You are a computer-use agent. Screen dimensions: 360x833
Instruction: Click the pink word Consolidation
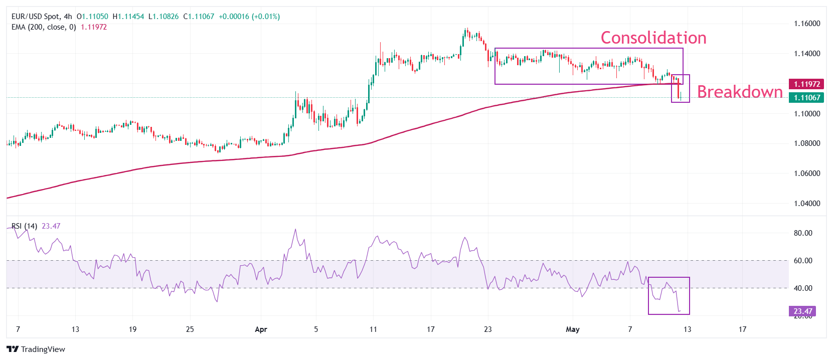coord(653,38)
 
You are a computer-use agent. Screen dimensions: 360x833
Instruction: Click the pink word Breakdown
coord(740,92)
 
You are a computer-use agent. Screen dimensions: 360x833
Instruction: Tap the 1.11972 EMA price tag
coord(806,84)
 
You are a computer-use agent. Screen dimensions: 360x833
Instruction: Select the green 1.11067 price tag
coord(806,98)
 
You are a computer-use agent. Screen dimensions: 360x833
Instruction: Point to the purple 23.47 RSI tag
coord(802,311)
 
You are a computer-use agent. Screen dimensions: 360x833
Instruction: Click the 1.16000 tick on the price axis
coord(807,24)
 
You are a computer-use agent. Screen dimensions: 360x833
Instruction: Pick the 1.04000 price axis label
coord(807,204)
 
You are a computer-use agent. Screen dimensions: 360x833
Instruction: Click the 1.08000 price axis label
coord(807,143)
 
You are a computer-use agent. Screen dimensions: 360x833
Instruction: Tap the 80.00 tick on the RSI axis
coord(803,233)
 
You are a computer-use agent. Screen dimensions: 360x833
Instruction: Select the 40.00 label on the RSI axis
coord(803,288)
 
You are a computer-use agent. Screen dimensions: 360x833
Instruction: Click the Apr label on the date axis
coord(261,329)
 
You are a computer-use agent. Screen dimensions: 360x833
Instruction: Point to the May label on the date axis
coord(572,329)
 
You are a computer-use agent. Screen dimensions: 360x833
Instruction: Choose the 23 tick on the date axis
coord(488,329)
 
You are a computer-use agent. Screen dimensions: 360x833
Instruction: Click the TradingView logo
coord(36,349)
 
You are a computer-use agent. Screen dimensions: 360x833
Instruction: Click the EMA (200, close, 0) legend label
coord(44,27)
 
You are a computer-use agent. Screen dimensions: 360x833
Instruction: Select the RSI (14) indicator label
coord(24,226)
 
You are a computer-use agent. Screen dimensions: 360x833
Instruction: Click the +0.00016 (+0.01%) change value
coord(249,17)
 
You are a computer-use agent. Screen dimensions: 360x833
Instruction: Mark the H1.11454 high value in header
coord(128,17)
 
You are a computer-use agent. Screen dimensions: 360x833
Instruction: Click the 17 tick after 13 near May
coord(742,329)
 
